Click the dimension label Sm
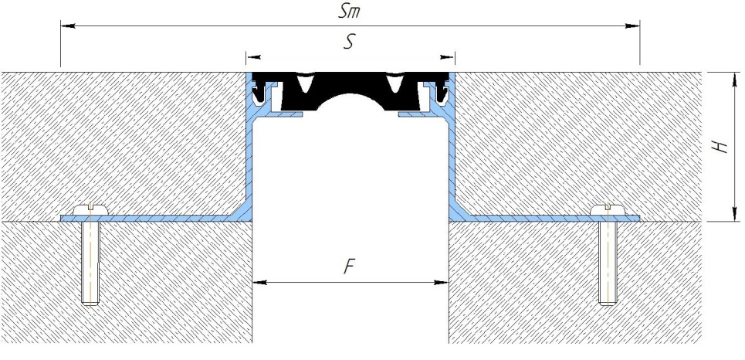[x=349, y=11]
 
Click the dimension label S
[x=349, y=42]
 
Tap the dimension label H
[x=721, y=147]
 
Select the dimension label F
[x=349, y=267]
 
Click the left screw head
[x=91, y=209]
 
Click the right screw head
[x=608, y=209]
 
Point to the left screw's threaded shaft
[x=90, y=263]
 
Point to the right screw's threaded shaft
[x=608, y=263]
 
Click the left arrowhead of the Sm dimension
[x=67, y=26]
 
